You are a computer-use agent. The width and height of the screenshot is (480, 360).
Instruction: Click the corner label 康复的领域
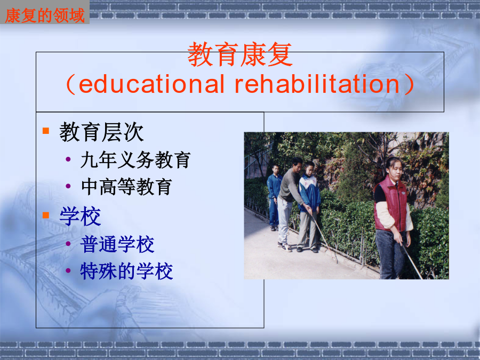[x=45, y=15]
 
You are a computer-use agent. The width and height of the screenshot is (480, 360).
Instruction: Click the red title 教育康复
[x=239, y=54]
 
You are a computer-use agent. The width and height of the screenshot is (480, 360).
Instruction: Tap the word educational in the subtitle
[x=151, y=84]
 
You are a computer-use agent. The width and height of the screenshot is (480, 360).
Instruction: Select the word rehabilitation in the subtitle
[x=317, y=84]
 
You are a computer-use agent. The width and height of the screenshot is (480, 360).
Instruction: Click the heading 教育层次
[x=101, y=132]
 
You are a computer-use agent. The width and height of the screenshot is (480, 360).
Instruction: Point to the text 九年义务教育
[x=135, y=159]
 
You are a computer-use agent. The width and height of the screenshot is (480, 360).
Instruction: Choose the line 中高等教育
[x=126, y=187]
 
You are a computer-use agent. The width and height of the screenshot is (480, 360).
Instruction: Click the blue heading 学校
[x=80, y=216]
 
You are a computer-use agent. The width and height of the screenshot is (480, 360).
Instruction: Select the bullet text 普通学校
[x=117, y=244]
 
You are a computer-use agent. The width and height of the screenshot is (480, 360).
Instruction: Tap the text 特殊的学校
[x=126, y=271]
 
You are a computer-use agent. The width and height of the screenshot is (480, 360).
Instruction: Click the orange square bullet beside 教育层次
[x=46, y=131]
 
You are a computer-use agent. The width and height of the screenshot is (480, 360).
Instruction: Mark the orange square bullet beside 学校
[x=46, y=215]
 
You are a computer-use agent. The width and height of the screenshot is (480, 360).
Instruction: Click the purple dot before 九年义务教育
[x=68, y=159]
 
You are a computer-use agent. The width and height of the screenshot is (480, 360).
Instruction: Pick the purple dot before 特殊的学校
[x=68, y=270]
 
